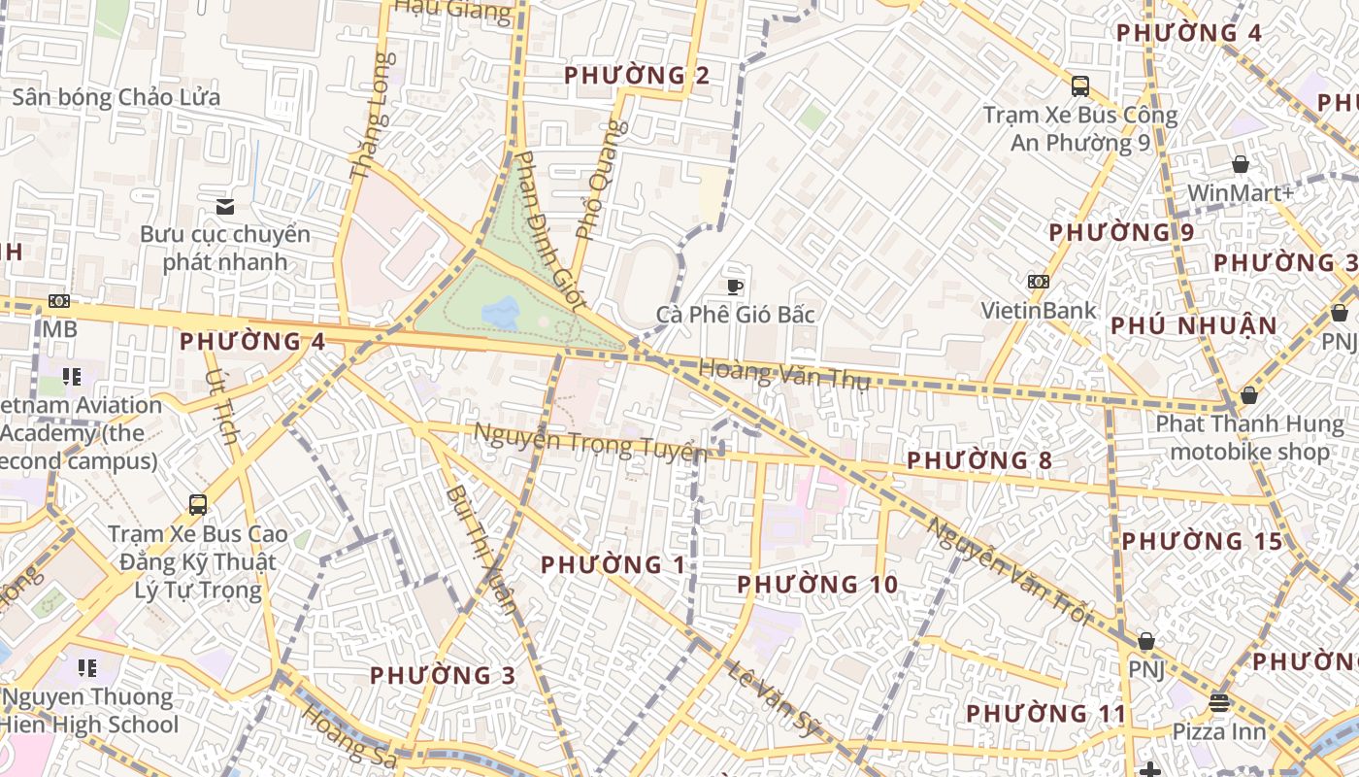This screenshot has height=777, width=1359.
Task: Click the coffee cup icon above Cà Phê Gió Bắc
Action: pyautogui.click(x=735, y=287)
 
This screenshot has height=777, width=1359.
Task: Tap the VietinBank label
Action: pyautogui.click(x=1038, y=311)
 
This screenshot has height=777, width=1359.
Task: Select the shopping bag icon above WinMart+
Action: pyautogui.click(x=1240, y=165)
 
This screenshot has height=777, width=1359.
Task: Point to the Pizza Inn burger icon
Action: pyautogui.click(x=1219, y=702)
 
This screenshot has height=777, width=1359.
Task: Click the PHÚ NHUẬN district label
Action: pyautogui.click(x=1194, y=325)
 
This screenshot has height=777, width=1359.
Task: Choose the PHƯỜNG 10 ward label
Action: pyautogui.click(x=817, y=585)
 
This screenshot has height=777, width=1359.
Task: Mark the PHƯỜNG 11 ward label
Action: pyautogui.click(x=1046, y=714)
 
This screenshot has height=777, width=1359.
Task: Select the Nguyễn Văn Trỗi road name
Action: pyautogui.click(x=1009, y=572)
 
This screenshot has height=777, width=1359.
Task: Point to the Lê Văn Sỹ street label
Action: pyautogui.click(x=774, y=700)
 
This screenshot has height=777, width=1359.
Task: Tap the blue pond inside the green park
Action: pyautogui.click(x=500, y=313)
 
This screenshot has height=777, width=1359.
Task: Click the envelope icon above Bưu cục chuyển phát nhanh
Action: pyautogui.click(x=225, y=206)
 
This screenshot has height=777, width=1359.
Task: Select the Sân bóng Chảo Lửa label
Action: pyautogui.click(x=116, y=97)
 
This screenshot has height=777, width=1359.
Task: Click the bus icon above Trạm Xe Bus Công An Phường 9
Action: pyautogui.click(x=1080, y=86)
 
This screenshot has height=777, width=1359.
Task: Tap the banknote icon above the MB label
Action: pyautogui.click(x=59, y=301)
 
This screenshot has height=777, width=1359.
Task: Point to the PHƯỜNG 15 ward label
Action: pyautogui.click(x=1202, y=541)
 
